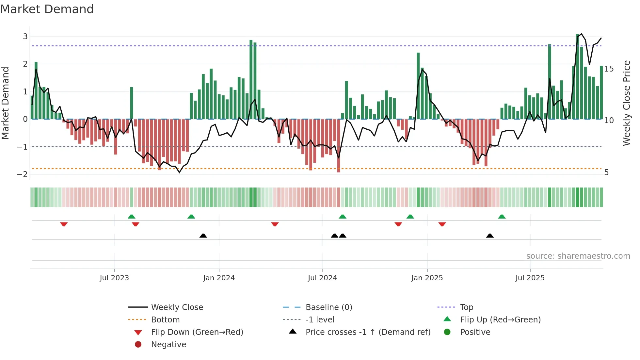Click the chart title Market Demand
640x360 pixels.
(x=47, y=9)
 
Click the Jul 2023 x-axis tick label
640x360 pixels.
(x=114, y=278)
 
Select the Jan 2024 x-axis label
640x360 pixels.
(x=219, y=278)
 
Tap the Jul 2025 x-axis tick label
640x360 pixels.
(x=530, y=278)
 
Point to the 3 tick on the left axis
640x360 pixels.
(x=25, y=37)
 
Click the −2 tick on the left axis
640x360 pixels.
(x=23, y=174)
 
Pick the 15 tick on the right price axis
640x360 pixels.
(x=609, y=69)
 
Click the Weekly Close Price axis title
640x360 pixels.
(x=626, y=103)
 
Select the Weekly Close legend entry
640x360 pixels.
(x=177, y=307)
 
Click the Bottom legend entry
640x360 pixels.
(x=165, y=320)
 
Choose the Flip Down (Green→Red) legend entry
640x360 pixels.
(x=197, y=332)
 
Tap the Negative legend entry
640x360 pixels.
(x=168, y=345)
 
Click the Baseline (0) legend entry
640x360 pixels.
(x=328, y=307)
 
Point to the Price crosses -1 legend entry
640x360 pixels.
(x=368, y=332)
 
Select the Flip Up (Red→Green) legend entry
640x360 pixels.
(x=500, y=320)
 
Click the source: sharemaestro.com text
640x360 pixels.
(x=578, y=256)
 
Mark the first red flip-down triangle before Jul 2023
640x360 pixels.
(x=64, y=224)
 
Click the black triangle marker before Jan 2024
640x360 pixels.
(x=203, y=236)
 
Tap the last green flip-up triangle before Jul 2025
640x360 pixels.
(x=502, y=217)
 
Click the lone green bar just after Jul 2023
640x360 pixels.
(x=132, y=103)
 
